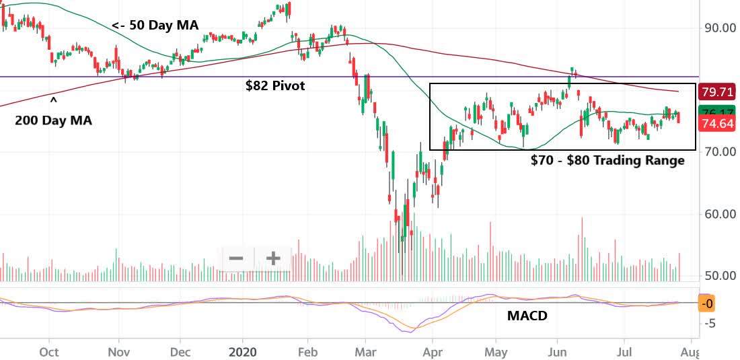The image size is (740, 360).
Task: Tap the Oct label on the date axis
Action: tap(49, 352)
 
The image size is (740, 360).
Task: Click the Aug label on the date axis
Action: tap(691, 352)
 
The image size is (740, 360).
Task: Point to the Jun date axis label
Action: tap(557, 352)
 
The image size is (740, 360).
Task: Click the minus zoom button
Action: tap(236, 258)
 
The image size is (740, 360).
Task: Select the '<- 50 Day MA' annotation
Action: tap(155, 26)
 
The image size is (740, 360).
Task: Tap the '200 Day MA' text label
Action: tap(53, 121)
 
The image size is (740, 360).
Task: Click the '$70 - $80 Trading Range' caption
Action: tap(607, 161)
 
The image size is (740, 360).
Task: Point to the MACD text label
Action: tap(527, 316)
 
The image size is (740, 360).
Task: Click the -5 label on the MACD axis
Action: tap(708, 323)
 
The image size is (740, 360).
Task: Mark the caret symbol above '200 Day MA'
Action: tap(53, 101)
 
